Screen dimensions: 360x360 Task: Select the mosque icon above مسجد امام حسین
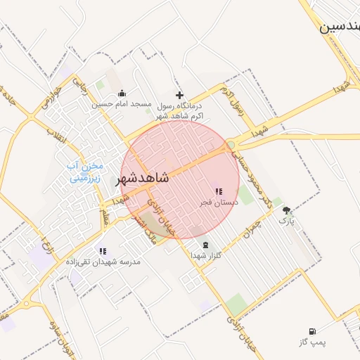tap(122, 94)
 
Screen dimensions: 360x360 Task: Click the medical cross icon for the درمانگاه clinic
tap(179, 95)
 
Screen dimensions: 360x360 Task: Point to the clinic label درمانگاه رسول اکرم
tap(179, 110)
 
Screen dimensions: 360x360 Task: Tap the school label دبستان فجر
tap(218, 202)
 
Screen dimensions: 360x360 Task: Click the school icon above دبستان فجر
tap(219, 191)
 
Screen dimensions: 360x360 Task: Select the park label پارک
tap(286, 221)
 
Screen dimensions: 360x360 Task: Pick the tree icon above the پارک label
tap(286, 210)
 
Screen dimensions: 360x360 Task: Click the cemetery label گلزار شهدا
tap(205, 255)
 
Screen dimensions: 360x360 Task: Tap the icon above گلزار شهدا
tap(205, 245)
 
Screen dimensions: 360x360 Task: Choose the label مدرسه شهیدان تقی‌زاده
tap(103, 262)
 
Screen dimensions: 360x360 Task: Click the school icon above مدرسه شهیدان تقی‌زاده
tap(103, 251)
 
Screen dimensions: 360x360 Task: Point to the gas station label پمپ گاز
tap(312, 342)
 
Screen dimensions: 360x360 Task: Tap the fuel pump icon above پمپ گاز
tap(312, 331)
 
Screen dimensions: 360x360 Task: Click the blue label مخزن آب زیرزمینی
tap(86, 172)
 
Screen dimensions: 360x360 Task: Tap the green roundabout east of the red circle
tap(231, 146)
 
